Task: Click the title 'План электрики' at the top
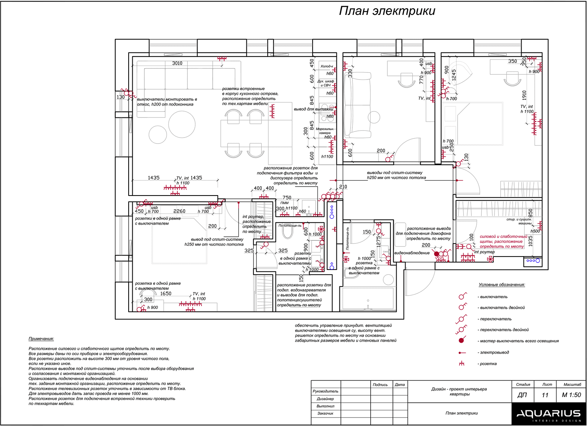pyautogui.click(x=387, y=11)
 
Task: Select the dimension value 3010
pyautogui.click(x=177, y=63)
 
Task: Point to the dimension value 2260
pyautogui.click(x=179, y=211)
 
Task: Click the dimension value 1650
pyautogui.click(x=166, y=293)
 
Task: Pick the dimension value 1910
pyautogui.click(x=524, y=95)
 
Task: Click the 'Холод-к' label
pyautogui.click(x=327, y=66)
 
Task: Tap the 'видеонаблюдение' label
pyautogui.click(x=412, y=253)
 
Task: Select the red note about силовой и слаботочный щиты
pyautogui.click(x=503, y=241)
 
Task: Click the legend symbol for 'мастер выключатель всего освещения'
pyautogui.click(x=462, y=340)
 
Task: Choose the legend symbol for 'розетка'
pyautogui.click(x=462, y=364)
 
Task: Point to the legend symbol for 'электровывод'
pyautogui.click(x=462, y=352)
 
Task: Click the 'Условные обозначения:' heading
pyautogui.click(x=501, y=285)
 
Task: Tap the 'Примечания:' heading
pyautogui.click(x=41, y=339)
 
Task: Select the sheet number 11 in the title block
pyautogui.click(x=545, y=395)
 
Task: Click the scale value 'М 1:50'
pyautogui.click(x=571, y=395)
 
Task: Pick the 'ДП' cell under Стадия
pyautogui.click(x=522, y=395)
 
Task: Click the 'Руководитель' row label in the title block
pyautogui.click(x=325, y=391)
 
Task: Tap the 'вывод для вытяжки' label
pyautogui.click(x=313, y=109)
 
